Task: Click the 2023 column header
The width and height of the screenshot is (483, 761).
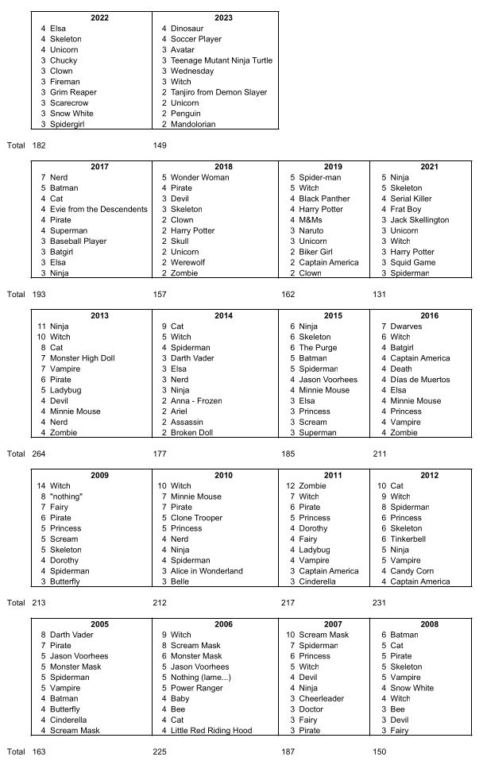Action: pyautogui.click(x=214, y=17)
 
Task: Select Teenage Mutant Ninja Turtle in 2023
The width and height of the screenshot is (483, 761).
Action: pyautogui.click(x=222, y=60)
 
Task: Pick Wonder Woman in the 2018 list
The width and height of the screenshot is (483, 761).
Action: pyautogui.click(x=199, y=177)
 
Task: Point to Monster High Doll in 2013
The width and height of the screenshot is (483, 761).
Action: pyautogui.click(x=82, y=358)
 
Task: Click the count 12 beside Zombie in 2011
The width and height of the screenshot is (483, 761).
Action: pyautogui.click(x=290, y=485)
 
